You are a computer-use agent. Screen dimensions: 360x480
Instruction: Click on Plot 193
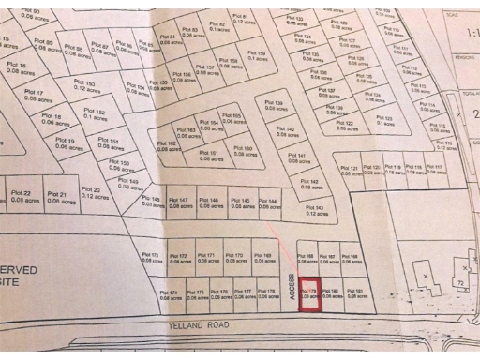point(89,85)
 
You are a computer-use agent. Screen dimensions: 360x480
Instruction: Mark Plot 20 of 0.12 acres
point(91,193)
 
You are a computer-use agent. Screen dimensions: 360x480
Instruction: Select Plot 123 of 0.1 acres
point(383,120)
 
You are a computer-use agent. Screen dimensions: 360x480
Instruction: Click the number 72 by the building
point(460,280)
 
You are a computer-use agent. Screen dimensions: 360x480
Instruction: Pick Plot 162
point(171,145)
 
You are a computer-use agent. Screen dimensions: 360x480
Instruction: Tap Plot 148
point(151,202)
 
